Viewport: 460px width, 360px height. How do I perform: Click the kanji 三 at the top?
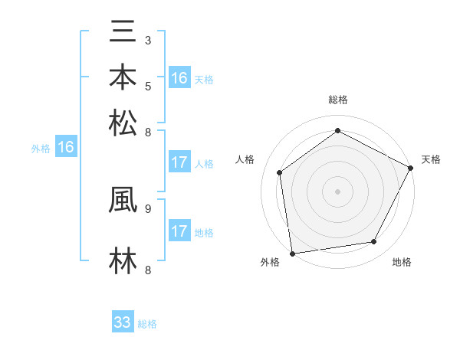click(123, 33)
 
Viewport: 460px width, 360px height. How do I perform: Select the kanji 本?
click(123, 77)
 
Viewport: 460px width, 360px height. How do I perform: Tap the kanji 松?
click(123, 123)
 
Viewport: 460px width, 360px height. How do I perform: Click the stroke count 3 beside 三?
click(147, 40)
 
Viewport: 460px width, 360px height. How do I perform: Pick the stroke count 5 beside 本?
click(147, 85)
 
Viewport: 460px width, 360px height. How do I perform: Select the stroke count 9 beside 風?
click(147, 208)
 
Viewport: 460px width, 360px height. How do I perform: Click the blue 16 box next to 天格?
click(179, 78)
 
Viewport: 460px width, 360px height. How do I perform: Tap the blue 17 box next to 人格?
click(179, 162)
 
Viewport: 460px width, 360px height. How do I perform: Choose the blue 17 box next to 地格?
click(179, 231)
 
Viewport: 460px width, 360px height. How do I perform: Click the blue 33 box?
click(123, 322)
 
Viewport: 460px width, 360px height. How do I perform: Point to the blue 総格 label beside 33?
click(147, 324)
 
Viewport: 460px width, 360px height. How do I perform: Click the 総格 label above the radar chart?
click(338, 100)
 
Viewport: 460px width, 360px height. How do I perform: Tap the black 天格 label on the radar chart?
click(431, 159)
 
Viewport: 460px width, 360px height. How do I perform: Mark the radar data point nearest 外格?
click(292, 252)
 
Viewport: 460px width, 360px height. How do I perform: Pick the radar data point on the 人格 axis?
click(280, 172)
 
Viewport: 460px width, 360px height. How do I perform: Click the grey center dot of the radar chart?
click(338, 191)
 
